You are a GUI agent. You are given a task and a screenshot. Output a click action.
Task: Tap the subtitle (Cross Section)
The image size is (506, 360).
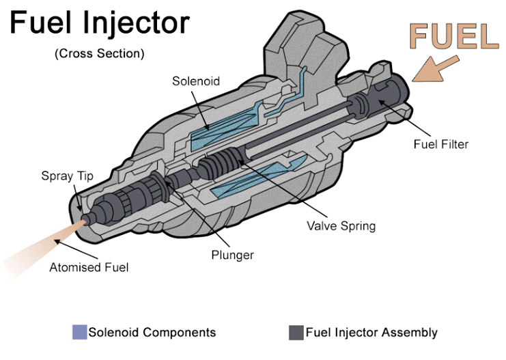click(x=100, y=53)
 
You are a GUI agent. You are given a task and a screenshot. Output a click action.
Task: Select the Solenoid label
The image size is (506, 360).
click(x=195, y=81)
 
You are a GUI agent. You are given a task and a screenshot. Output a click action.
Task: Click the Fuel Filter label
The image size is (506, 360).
click(x=441, y=144)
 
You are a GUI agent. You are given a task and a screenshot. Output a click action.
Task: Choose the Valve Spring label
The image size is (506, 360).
click(x=341, y=225)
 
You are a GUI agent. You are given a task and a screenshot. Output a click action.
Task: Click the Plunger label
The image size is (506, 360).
click(x=231, y=255)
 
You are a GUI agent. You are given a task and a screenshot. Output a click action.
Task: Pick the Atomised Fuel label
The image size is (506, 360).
click(x=89, y=267)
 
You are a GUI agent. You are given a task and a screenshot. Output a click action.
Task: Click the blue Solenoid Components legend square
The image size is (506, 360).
click(x=79, y=333)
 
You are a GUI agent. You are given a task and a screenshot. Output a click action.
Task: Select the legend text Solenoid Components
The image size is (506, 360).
click(x=152, y=333)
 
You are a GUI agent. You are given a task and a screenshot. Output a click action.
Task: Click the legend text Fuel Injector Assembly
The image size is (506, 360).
click(x=371, y=333)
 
